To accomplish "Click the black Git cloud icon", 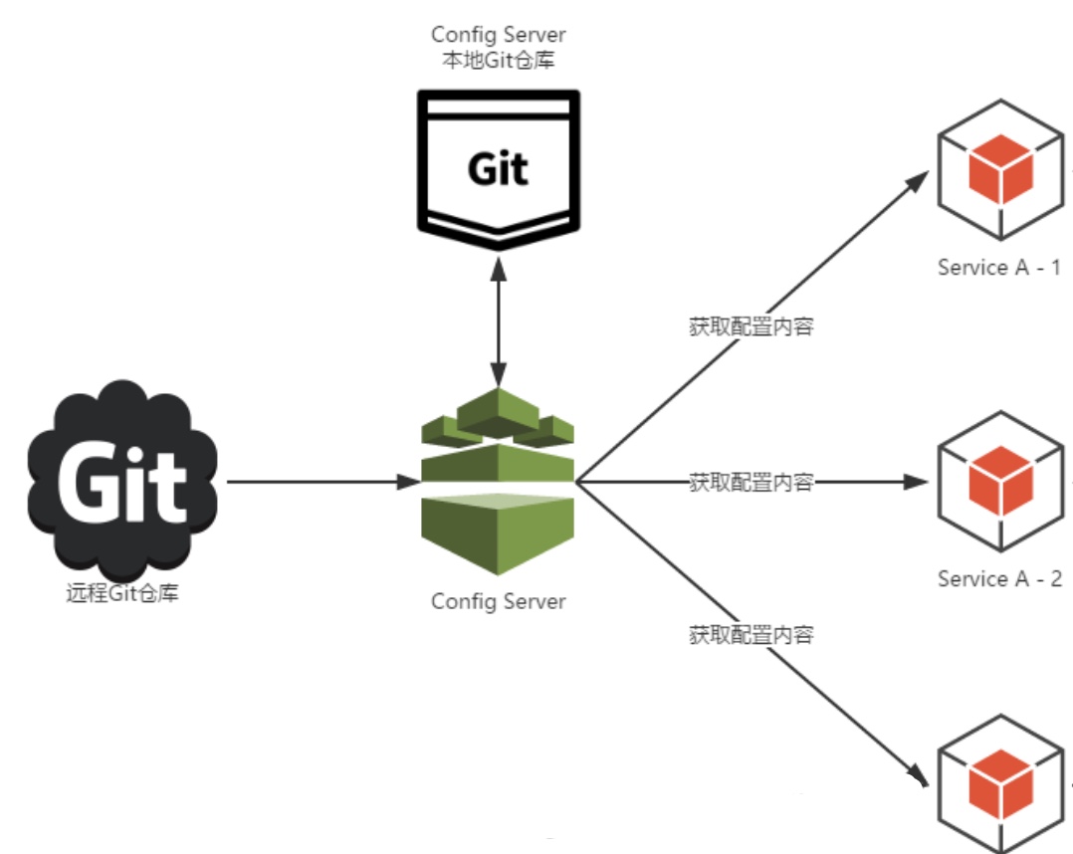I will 121,478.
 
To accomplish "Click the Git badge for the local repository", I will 498,167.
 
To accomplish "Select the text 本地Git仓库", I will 498,60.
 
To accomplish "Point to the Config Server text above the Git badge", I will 498,36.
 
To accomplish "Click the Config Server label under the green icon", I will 498,601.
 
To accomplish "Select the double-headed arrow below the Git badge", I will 498,319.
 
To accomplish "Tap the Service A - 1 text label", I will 999,268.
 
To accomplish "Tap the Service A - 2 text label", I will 999,578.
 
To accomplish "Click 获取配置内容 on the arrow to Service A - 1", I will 751,326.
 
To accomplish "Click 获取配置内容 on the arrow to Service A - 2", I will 751,483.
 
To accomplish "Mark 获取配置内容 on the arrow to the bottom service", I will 751,634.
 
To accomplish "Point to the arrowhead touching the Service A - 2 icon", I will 917,483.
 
